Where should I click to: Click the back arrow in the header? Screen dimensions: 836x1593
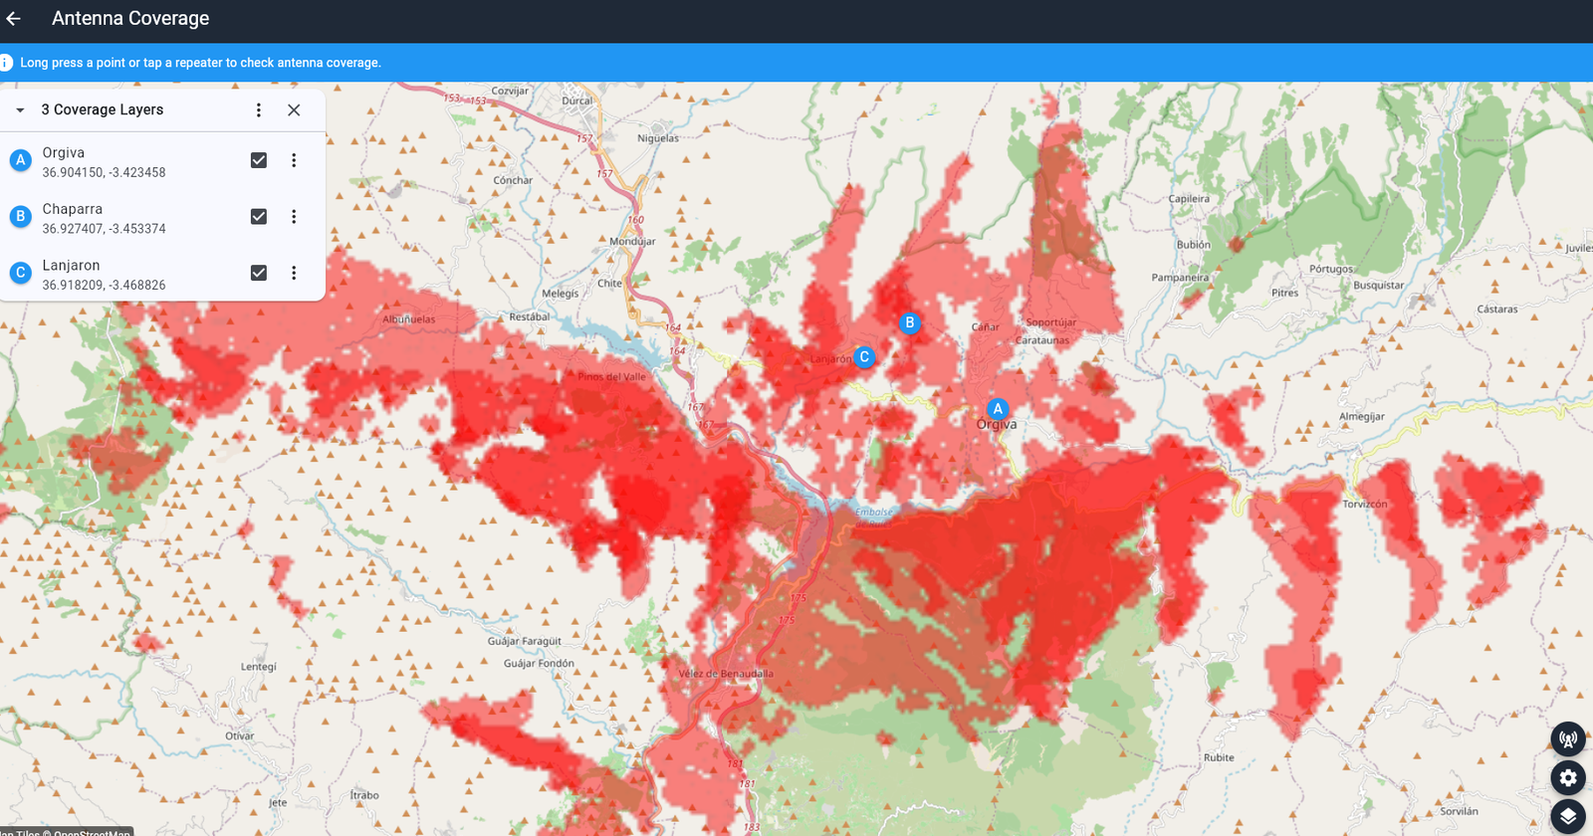click(x=14, y=19)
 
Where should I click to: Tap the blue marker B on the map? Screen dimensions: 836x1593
click(x=909, y=322)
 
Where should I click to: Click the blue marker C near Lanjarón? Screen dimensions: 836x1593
click(x=864, y=357)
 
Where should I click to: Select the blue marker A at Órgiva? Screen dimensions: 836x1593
click(x=998, y=409)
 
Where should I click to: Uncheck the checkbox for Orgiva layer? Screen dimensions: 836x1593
click(x=259, y=160)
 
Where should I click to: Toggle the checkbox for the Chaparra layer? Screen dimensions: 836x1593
click(x=259, y=217)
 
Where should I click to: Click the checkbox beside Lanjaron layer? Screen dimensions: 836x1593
click(x=259, y=273)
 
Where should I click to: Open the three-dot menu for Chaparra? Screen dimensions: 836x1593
click(x=294, y=217)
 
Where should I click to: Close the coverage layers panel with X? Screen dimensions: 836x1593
click(x=294, y=110)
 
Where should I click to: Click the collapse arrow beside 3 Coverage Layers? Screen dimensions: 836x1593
click(x=20, y=110)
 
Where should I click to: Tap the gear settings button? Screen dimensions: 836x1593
click(x=1568, y=778)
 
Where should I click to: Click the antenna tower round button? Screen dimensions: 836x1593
click(x=1568, y=739)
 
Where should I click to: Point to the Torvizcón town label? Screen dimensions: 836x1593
click(x=1364, y=505)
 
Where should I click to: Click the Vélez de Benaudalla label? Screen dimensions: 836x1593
click(x=726, y=674)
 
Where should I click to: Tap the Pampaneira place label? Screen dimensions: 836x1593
click(x=1180, y=278)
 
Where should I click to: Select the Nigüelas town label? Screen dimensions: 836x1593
click(x=658, y=138)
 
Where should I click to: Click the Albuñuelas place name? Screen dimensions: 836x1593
click(x=409, y=319)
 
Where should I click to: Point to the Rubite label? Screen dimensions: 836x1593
click(x=1219, y=757)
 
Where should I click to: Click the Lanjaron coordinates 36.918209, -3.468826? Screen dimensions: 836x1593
click(x=104, y=286)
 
